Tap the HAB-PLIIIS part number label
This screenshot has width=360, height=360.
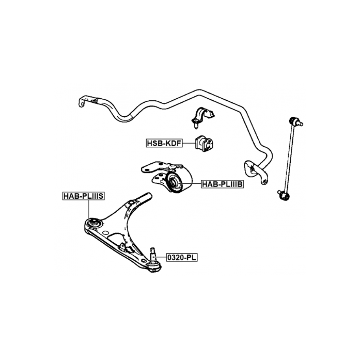pos(83,196)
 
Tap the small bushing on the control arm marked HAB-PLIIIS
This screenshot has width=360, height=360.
pos(94,223)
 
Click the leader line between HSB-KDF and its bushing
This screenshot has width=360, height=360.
pos(188,144)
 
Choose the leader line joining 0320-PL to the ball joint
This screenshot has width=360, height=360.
pos(161,258)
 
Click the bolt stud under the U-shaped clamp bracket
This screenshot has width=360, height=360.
pos(196,125)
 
